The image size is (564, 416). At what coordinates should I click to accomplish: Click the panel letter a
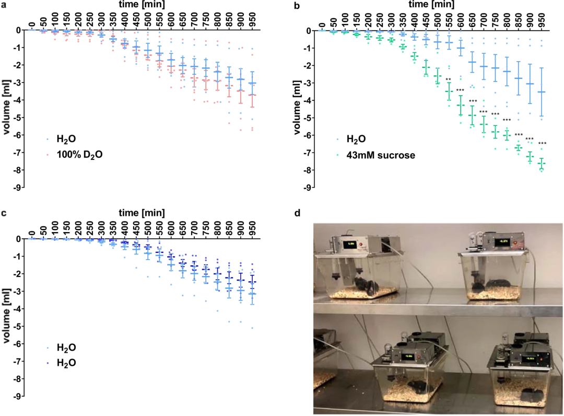click(4, 5)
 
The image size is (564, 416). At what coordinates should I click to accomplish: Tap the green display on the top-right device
click(487, 242)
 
